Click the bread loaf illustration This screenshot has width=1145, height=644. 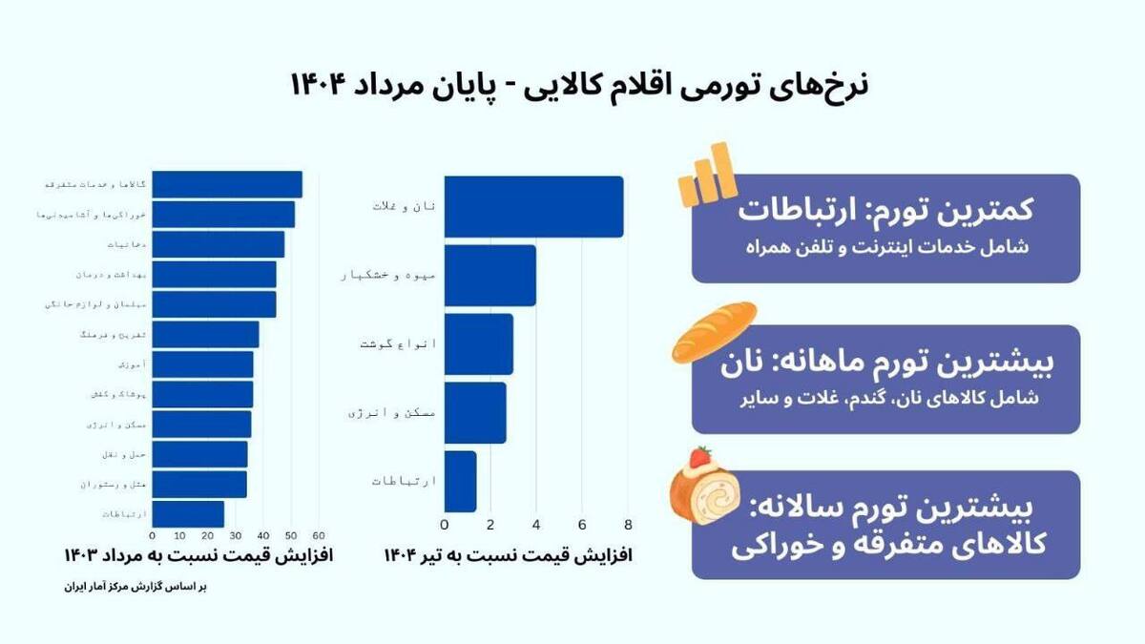[x=714, y=331]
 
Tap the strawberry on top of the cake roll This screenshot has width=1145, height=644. [x=701, y=456]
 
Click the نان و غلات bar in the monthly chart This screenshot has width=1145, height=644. [x=533, y=206]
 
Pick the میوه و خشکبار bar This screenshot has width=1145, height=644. [x=489, y=276]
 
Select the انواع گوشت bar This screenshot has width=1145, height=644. [x=478, y=343]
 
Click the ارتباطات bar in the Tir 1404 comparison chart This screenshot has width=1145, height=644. [x=460, y=481]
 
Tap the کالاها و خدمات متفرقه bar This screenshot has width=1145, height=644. [x=227, y=184]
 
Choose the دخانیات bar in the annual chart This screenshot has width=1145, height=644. [x=218, y=244]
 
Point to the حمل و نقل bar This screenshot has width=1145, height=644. [x=199, y=454]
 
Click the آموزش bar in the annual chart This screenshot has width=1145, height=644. [x=202, y=364]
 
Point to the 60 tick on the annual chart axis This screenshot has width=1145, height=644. [x=319, y=535]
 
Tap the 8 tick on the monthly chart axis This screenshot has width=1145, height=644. [x=628, y=525]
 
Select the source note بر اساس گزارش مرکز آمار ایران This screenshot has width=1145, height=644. [x=135, y=587]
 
